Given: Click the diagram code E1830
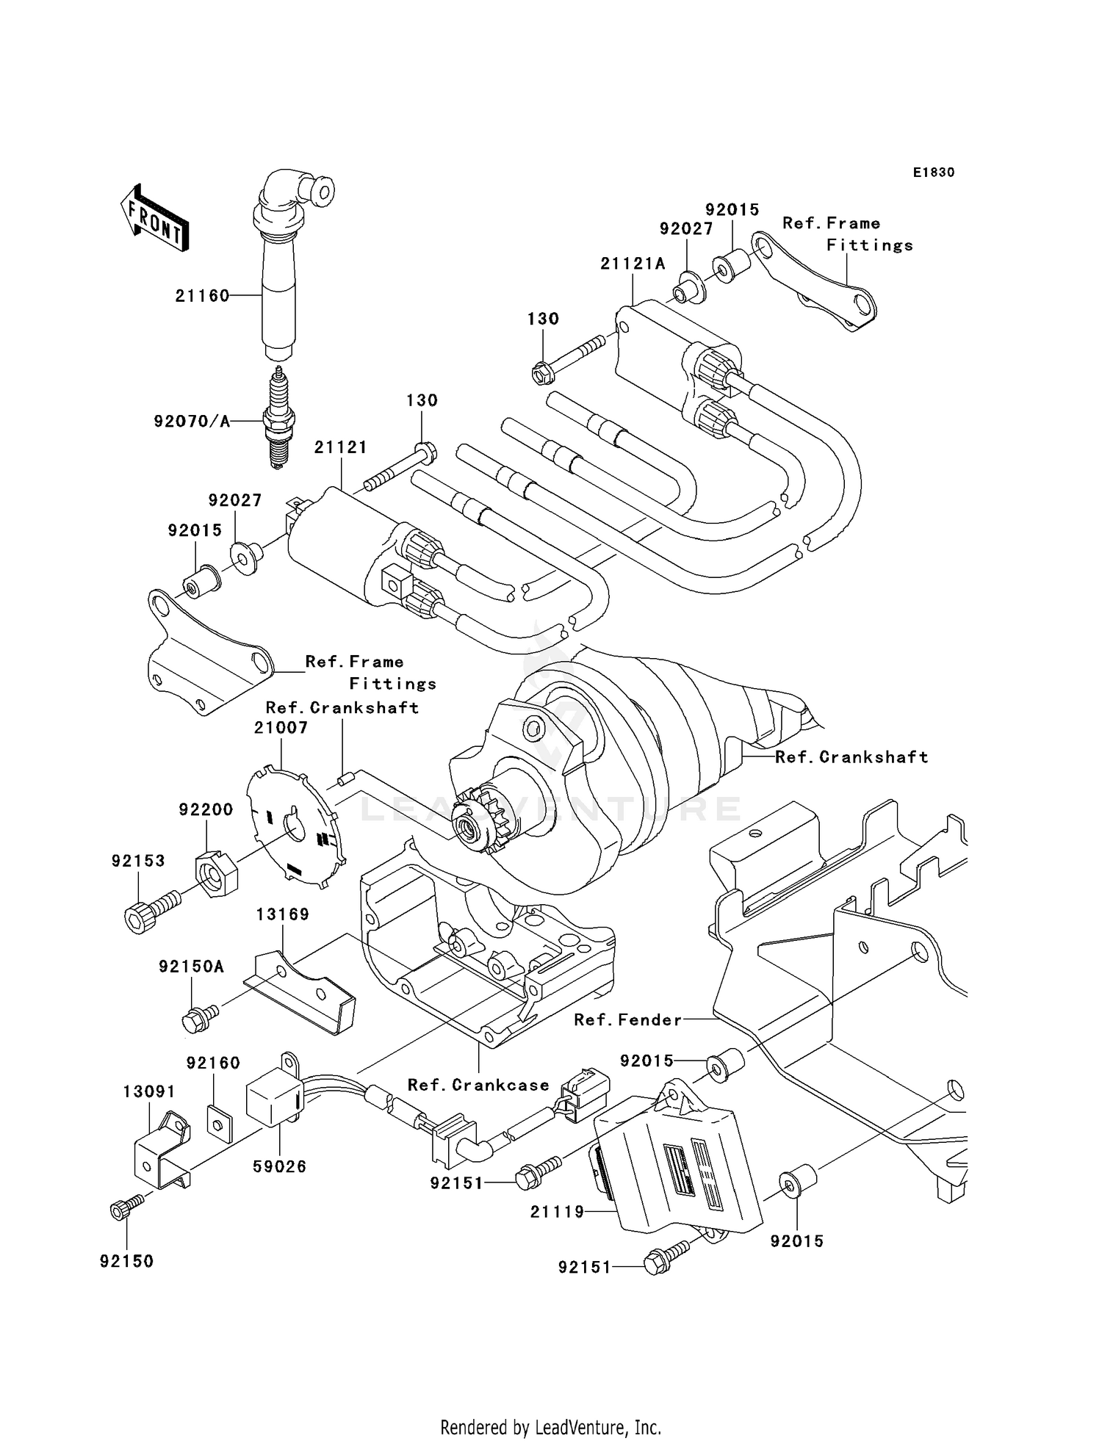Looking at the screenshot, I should (x=933, y=173).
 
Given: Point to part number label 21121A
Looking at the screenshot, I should (x=633, y=264).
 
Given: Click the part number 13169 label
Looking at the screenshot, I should (x=283, y=914).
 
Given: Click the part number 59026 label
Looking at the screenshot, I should (x=279, y=1166).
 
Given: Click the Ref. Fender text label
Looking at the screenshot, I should (x=627, y=1019).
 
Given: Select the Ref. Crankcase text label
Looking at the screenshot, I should (x=478, y=1085).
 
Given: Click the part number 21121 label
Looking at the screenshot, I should (x=340, y=447).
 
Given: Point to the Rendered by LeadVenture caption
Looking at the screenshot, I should (x=550, y=1427).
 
